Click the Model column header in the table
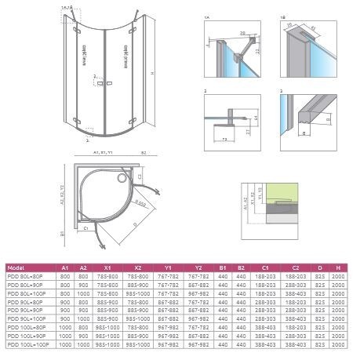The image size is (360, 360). (x=17, y=267)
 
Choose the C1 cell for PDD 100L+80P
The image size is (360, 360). (x=267, y=327)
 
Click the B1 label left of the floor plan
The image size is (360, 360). (x=61, y=233)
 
